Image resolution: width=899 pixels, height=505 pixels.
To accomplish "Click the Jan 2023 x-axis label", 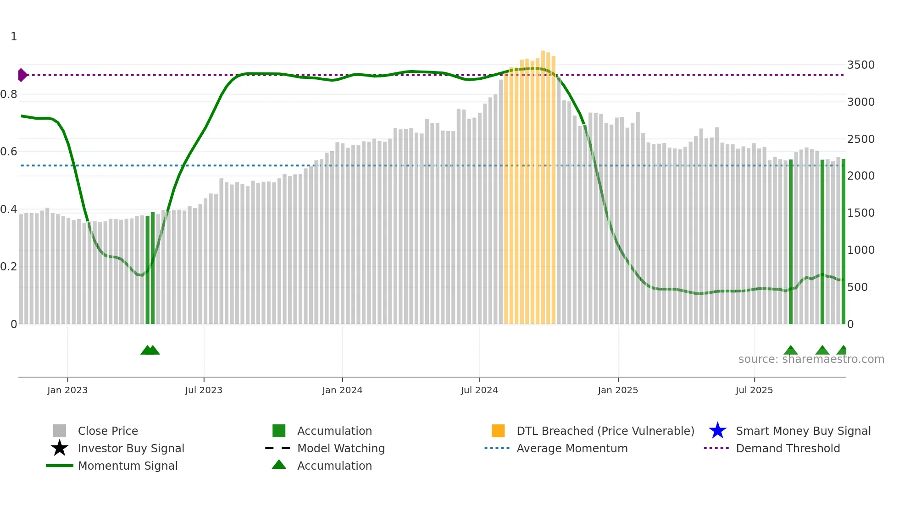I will click(x=67, y=390).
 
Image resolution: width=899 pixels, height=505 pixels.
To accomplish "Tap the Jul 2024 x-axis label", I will click(x=479, y=390).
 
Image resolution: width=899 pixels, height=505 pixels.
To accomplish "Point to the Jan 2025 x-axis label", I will click(x=618, y=390).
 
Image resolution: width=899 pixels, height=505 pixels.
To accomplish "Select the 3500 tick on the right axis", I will click(x=860, y=65).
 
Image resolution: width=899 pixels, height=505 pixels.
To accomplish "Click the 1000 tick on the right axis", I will click(x=860, y=250).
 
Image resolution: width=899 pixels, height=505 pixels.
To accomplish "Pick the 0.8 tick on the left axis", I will click(x=9, y=94).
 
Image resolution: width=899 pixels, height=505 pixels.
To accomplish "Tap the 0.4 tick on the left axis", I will click(x=9, y=209).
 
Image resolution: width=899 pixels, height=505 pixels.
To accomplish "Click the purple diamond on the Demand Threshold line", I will click(x=22, y=75).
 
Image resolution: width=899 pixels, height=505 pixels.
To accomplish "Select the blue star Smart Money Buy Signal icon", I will click(x=717, y=431).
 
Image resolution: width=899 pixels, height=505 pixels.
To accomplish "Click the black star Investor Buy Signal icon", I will click(x=60, y=448).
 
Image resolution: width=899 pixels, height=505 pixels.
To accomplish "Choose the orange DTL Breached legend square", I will click(x=498, y=431).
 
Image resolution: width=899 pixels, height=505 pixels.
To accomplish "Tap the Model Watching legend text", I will click(x=341, y=448).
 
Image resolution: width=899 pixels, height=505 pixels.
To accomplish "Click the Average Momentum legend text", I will click(x=572, y=448).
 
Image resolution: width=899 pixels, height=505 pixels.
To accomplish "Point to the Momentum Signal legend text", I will click(x=128, y=466).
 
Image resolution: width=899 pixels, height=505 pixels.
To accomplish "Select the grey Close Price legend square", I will click(x=60, y=431).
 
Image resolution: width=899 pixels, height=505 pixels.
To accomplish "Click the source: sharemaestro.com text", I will click(x=811, y=359).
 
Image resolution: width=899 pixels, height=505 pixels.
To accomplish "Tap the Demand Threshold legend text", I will click(x=788, y=448).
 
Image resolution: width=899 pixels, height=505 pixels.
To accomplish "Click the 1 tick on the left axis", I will click(x=14, y=37).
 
